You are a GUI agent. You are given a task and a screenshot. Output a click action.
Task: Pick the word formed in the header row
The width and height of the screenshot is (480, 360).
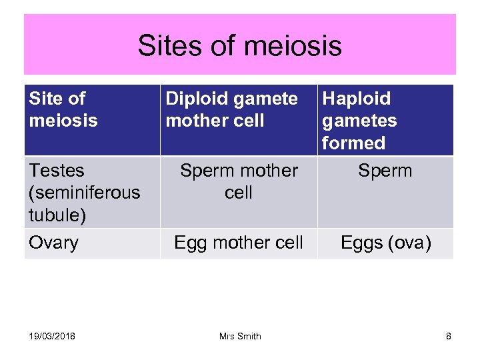coord(353,143)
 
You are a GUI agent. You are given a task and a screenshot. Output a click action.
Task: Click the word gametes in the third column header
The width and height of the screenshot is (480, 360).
coord(359,121)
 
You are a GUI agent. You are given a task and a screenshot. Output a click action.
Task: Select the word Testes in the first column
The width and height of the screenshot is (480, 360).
coord(57,171)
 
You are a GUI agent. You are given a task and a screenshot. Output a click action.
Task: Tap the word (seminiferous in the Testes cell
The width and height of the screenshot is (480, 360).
coord(85,193)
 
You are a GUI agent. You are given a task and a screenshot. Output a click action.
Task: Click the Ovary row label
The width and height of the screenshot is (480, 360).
coord(53,243)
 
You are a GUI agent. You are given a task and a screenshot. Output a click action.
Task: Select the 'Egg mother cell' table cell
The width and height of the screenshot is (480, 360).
coord(239,243)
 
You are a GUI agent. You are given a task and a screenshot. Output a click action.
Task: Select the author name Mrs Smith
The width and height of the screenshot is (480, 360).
coord(240,336)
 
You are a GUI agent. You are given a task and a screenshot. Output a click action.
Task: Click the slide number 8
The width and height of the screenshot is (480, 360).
coord(449,336)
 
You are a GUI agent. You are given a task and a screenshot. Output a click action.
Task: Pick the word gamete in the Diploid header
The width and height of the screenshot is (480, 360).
coord(265,99)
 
